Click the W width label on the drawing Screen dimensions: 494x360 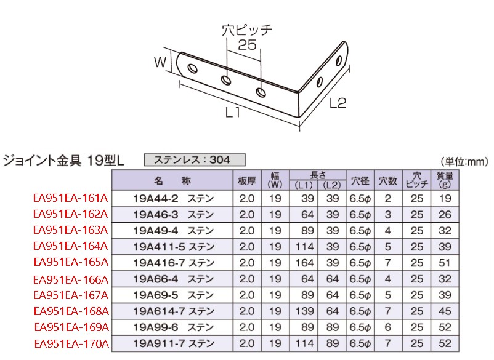tap(160, 62)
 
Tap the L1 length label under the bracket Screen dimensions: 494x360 tap(233, 113)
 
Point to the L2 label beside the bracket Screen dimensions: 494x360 tap(338, 103)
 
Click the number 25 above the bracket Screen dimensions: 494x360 tap(247, 45)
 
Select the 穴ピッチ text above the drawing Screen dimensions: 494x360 tap(247, 30)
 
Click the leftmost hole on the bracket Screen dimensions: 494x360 tap(193, 68)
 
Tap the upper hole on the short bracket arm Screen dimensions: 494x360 tap(339, 61)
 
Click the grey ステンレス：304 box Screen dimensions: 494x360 tap(195, 160)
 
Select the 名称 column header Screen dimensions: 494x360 tap(172, 181)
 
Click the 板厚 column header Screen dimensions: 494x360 tap(246, 181)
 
